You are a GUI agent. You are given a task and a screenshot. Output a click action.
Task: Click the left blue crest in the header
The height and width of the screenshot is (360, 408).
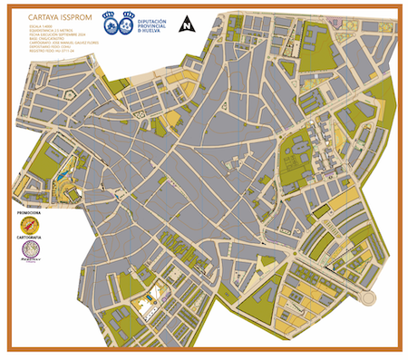pos(110,20)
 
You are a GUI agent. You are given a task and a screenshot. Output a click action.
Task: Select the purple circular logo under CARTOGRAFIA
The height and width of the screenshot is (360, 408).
pos(31,253)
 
